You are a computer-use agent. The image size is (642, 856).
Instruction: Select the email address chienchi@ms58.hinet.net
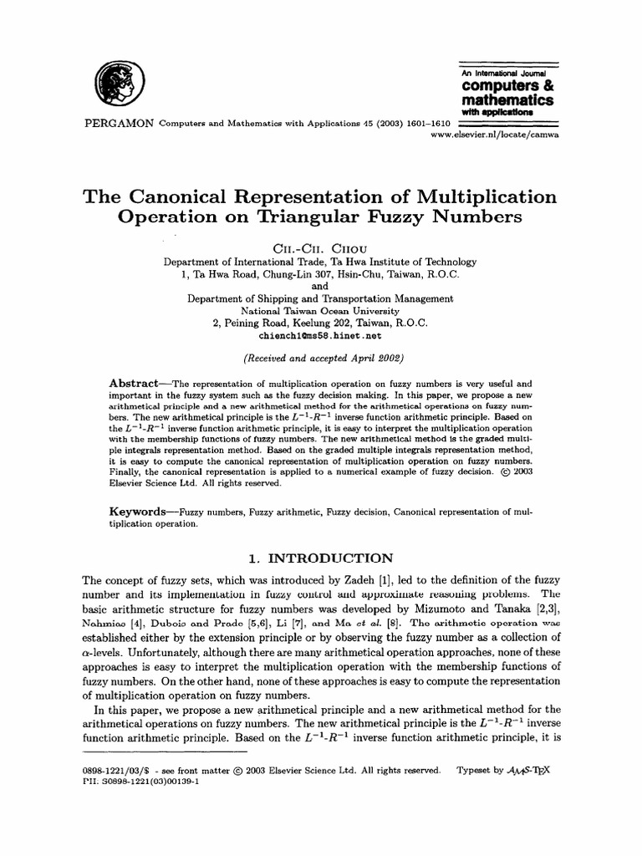[321, 336]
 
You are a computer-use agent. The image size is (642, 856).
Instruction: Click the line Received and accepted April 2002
[321, 359]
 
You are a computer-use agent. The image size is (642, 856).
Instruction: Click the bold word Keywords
[139, 511]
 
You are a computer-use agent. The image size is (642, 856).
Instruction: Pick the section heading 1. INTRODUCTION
[321, 558]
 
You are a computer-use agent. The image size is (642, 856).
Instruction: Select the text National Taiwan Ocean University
[321, 311]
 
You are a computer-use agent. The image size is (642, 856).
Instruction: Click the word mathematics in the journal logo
[507, 99]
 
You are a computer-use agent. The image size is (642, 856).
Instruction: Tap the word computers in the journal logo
[499, 86]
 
